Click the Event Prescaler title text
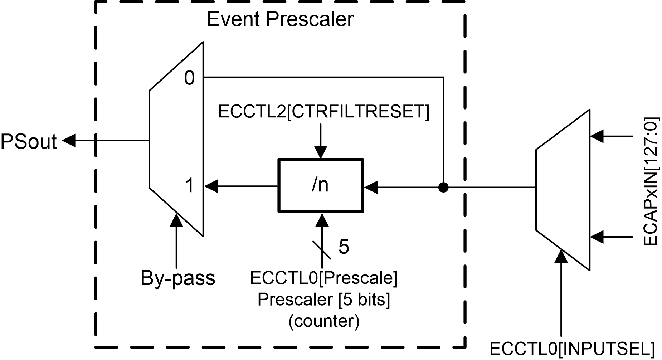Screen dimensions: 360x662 tap(280, 19)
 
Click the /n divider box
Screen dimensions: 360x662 tap(321, 185)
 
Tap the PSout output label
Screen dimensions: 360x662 tap(29, 141)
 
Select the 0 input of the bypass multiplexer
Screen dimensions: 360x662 tap(189, 78)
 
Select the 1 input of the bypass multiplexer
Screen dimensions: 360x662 tap(189, 186)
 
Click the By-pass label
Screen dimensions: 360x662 tap(178, 278)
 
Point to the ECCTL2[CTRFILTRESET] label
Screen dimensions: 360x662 tap(323, 112)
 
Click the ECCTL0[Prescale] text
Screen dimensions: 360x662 tap(323, 278)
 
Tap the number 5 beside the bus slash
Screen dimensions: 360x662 tap(344, 247)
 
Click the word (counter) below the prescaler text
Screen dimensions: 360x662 tap(323, 321)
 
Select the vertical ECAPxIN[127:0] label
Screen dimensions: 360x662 tap(650, 181)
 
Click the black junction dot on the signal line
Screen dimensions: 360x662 tap(443, 187)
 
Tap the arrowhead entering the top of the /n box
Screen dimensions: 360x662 tap(321, 152)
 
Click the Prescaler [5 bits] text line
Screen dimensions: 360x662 tap(323, 299)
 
